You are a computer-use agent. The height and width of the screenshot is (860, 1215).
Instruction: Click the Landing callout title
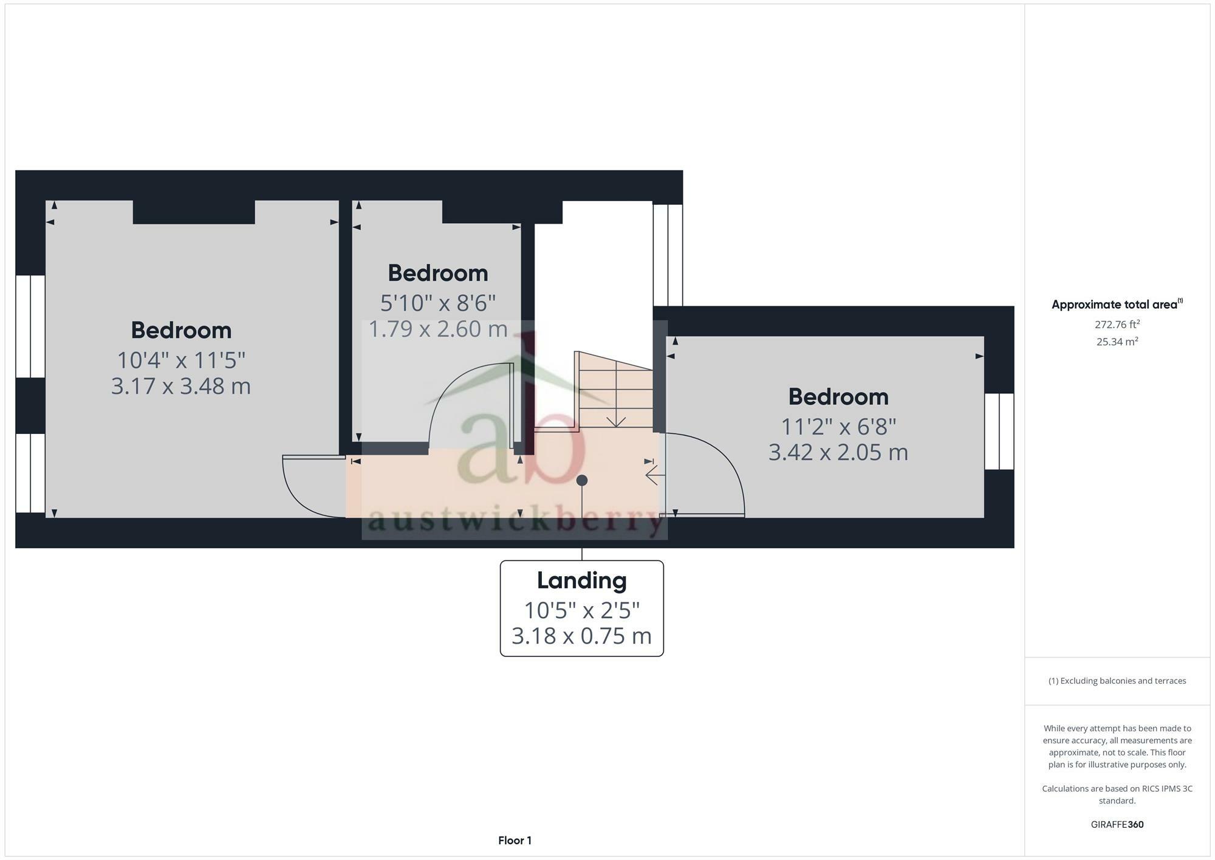[581, 580]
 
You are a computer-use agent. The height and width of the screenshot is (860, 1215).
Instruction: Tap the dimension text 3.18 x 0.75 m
[581, 636]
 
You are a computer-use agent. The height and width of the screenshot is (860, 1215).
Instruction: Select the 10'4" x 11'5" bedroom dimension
[181, 360]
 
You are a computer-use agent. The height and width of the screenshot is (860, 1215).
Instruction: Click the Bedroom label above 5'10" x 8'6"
[438, 273]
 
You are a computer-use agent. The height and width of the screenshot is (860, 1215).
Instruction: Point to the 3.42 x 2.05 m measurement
[838, 452]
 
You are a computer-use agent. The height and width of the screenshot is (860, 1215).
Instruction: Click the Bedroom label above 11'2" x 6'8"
[838, 397]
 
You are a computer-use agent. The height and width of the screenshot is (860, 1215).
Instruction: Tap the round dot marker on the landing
[582, 480]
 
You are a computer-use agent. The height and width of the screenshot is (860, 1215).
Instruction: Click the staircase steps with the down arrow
[615, 392]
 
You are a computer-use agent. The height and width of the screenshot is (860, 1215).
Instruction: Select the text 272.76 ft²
[1117, 325]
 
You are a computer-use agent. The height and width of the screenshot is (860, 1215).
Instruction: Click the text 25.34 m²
[1117, 342]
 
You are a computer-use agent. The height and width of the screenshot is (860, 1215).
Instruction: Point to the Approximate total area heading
[1117, 304]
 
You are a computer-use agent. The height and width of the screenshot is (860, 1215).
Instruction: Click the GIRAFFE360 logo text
[1117, 825]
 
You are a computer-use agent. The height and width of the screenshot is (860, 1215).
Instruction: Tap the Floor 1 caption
[515, 841]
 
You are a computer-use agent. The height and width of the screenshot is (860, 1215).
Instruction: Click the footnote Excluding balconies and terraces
[1117, 681]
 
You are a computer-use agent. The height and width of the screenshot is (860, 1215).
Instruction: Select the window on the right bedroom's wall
[999, 432]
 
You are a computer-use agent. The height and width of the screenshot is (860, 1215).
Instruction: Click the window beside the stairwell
[668, 255]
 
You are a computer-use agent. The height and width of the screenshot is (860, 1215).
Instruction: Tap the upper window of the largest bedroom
[30, 326]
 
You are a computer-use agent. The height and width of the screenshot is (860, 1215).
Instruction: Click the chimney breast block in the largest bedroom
[193, 212]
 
